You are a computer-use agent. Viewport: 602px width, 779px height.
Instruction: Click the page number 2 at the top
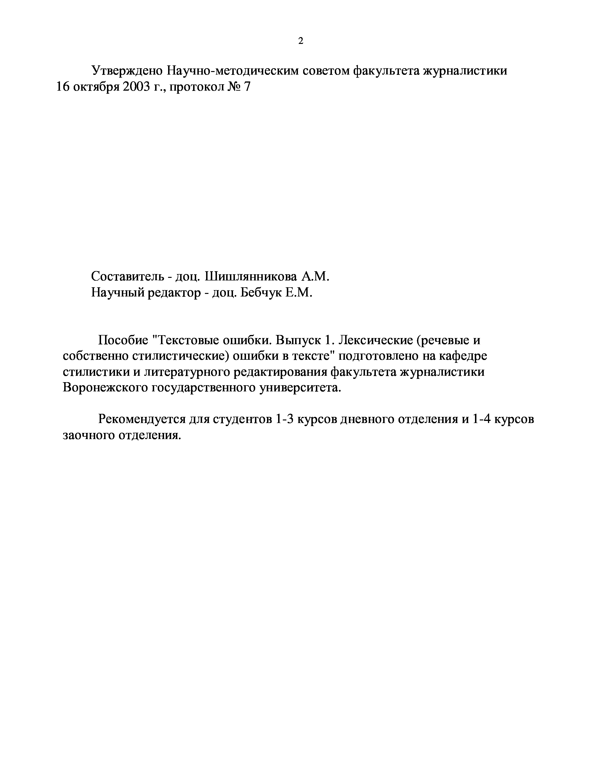tap(301, 41)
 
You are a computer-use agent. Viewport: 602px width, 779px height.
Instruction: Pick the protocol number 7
tap(247, 87)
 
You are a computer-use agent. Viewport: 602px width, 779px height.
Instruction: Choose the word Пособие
tap(123, 340)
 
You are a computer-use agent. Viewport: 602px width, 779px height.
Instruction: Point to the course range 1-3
tap(284, 419)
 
